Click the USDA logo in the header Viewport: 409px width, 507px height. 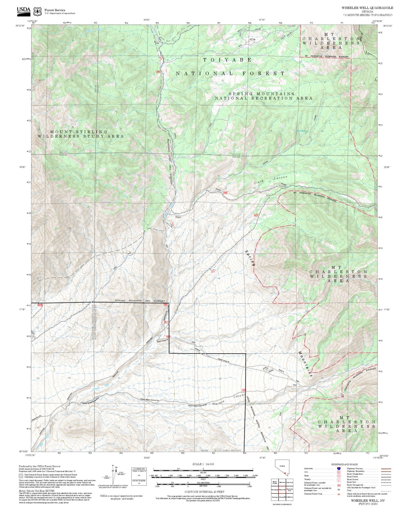tap(23, 10)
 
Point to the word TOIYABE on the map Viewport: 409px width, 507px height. tap(227, 60)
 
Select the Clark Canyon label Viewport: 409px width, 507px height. tap(270, 180)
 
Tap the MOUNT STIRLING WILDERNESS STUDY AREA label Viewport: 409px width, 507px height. tap(81, 134)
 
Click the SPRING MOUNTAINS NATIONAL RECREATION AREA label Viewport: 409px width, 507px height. tap(263, 96)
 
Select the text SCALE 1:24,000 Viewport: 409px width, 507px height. tap(203, 464)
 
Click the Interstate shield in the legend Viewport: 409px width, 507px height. tap(339, 469)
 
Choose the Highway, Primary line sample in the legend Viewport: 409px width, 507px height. tap(386, 469)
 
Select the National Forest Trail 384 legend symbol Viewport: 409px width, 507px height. tap(339, 494)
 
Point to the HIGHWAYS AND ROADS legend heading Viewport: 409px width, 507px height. tap(344, 464)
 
